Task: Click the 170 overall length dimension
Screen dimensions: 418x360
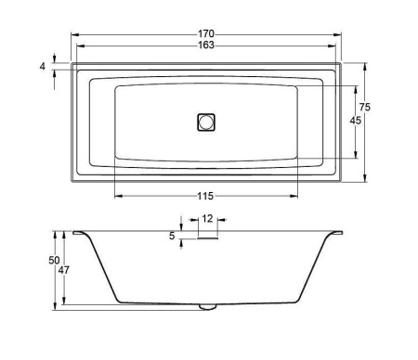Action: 206,33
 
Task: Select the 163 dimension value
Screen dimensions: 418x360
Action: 206,45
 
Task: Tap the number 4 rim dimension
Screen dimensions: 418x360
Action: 43,66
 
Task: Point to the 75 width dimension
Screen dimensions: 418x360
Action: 365,107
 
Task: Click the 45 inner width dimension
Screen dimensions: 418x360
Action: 356,121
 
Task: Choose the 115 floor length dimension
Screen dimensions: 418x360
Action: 206,196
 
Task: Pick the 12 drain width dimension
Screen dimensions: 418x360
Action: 207,219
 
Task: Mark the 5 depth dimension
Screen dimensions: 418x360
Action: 172,236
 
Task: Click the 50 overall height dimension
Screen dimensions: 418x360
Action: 54,261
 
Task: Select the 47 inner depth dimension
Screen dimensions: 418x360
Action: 64,270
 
